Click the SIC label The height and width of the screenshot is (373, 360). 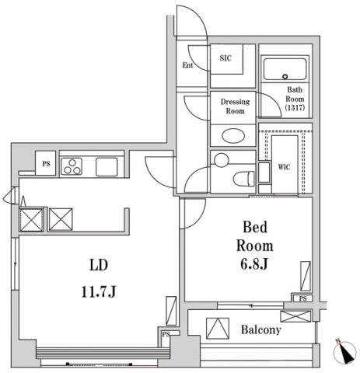coord(225,58)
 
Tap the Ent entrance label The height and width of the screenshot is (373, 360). coord(188,65)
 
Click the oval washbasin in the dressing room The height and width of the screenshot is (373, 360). coord(232,136)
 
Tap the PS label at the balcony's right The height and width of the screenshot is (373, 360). coord(301,298)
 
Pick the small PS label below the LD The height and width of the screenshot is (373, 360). coord(166,335)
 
